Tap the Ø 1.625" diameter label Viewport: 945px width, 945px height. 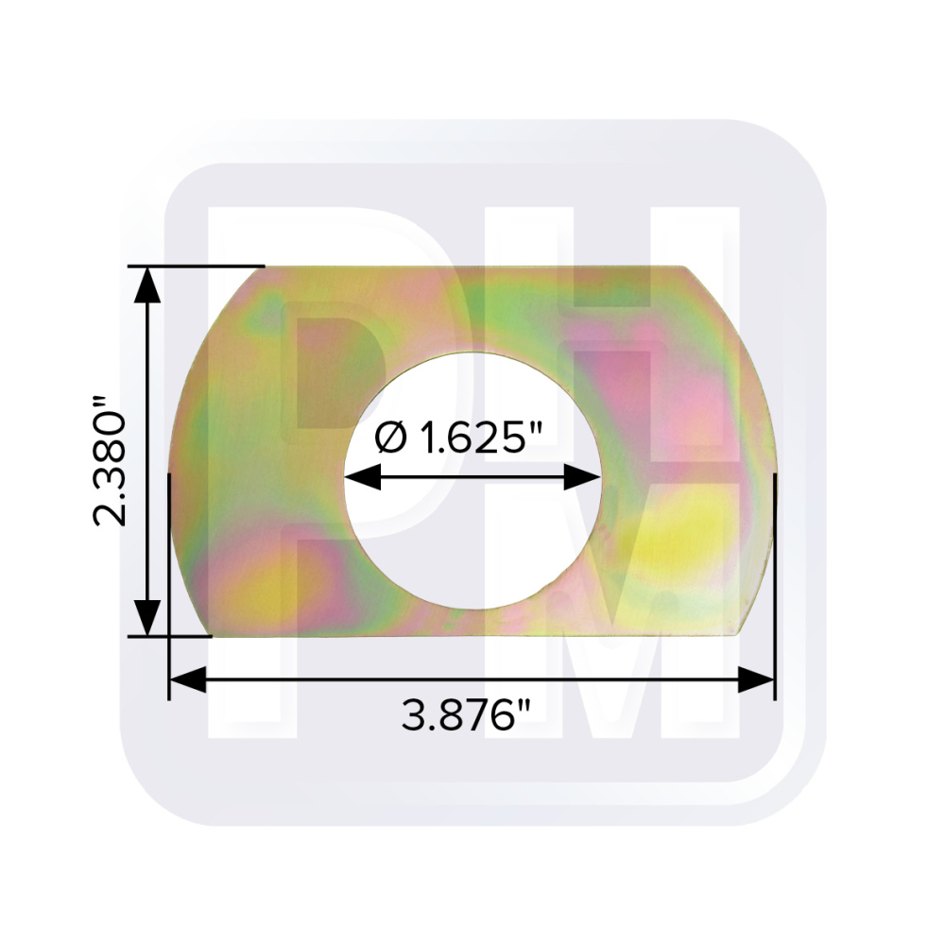[458, 437]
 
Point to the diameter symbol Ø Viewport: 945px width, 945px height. [390, 438]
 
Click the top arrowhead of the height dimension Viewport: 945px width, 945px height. [147, 284]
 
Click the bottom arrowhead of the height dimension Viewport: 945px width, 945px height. [147, 617]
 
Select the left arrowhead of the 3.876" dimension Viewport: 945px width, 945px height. [188, 679]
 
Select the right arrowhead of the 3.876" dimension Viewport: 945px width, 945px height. [756, 679]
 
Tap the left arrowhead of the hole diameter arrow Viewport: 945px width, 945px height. [363, 476]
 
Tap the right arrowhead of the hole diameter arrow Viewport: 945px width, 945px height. [582, 476]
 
